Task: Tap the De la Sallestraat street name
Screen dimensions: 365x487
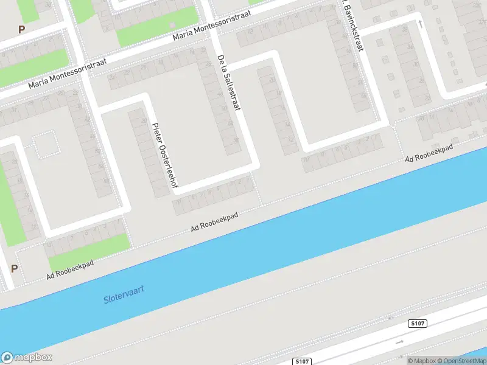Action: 229,83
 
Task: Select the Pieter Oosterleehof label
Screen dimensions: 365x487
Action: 163,155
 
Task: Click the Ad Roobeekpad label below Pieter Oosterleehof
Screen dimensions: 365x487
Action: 214,221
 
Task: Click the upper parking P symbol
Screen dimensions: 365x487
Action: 22,29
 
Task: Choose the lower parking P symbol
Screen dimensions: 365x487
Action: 14,268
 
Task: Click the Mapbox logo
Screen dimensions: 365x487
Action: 27,357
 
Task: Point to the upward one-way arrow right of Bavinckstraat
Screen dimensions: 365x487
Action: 419,23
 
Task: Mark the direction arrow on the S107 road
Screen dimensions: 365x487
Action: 399,342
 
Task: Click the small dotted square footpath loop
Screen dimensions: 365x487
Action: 46,145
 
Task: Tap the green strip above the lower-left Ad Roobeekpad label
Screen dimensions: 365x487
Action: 91,245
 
